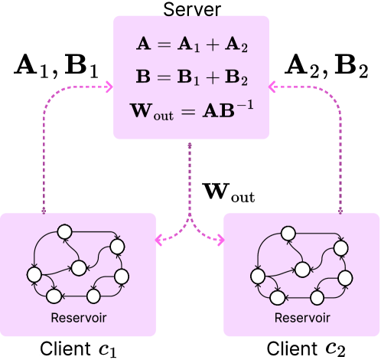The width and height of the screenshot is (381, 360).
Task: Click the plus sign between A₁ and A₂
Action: click(212, 44)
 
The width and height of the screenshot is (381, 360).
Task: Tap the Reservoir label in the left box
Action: click(78, 318)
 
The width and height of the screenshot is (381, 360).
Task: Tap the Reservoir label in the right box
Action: click(302, 318)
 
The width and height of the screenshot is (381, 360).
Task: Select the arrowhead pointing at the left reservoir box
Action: click(160, 240)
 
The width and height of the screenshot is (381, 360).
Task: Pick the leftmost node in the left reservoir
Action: click(34, 273)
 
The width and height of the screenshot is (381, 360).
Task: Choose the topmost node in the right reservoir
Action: click(288, 232)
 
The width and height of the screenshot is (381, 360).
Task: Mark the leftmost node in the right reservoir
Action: click(258, 274)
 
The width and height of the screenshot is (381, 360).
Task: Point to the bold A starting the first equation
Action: click(142, 44)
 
